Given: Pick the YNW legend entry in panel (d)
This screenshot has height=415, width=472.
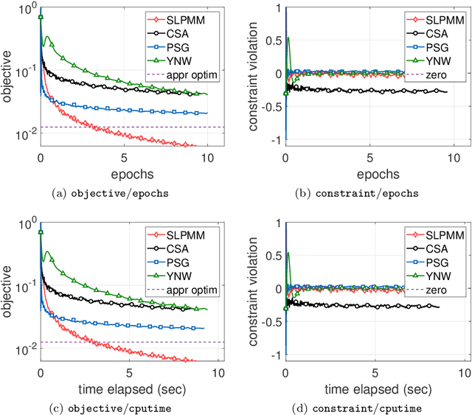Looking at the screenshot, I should (x=431, y=276).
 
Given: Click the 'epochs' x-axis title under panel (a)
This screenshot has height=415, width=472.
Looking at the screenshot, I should (x=124, y=175).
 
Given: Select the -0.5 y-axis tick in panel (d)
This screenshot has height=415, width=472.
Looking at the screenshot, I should (x=271, y=321).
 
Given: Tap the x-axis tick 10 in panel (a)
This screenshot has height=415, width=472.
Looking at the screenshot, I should (x=208, y=158).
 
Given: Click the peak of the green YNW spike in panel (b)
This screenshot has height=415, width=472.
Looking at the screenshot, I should (x=288, y=38).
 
